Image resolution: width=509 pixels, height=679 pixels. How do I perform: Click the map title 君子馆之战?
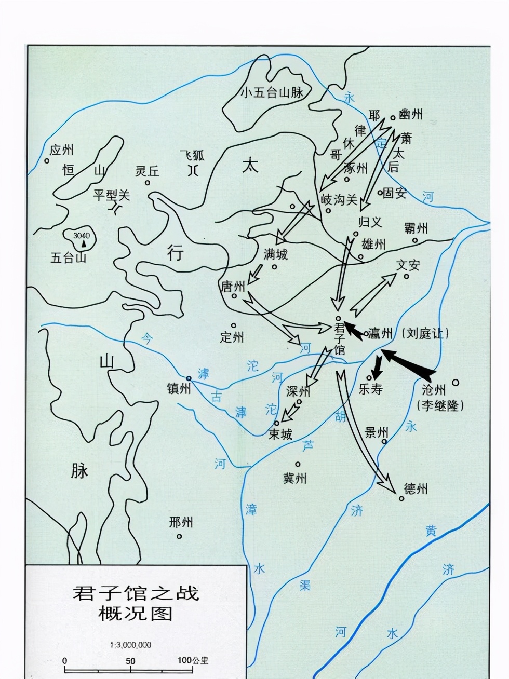pyautogui.click(x=136, y=593)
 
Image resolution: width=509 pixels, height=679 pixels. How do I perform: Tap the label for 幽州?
pyautogui.click(x=411, y=114)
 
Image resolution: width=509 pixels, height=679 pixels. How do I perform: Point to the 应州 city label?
pyautogui.click(x=61, y=150)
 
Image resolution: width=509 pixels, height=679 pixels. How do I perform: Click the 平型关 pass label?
pyautogui.click(x=111, y=195)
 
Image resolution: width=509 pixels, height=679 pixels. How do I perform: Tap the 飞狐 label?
pyautogui.click(x=192, y=155)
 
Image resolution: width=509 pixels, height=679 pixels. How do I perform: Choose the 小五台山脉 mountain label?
pyautogui.click(x=272, y=93)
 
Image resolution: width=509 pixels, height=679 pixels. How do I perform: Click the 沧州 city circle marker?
pyautogui.click(x=456, y=383)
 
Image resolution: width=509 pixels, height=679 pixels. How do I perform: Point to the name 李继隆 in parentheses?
pyautogui.click(x=440, y=405)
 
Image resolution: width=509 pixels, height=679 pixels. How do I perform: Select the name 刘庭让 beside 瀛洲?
pyautogui.click(x=425, y=333)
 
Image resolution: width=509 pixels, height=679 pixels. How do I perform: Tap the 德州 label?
pyautogui.click(x=416, y=488)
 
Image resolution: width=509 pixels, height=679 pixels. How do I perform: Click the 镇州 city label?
pyautogui.click(x=179, y=388)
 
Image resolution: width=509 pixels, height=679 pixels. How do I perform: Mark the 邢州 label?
pyautogui.click(x=181, y=522)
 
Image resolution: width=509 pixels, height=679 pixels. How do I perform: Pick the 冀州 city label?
pyautogui.click(x=294, y=478)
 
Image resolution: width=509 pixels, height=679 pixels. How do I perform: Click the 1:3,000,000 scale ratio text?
pyautogui.click(x=130, y=645)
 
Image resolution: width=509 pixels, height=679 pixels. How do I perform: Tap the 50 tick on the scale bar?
pyautogui.click(x=130, y=661)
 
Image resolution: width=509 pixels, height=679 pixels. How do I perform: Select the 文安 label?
pyautogui.click(x=408, y=265)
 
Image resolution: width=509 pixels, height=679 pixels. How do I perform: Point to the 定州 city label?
pyautogui.click(x=232, y=337)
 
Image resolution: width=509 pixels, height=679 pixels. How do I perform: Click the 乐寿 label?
pyautogui.click(x=370, y=389)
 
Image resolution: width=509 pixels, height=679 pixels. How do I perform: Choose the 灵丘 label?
pyautogui.click(x=147, y=171)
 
